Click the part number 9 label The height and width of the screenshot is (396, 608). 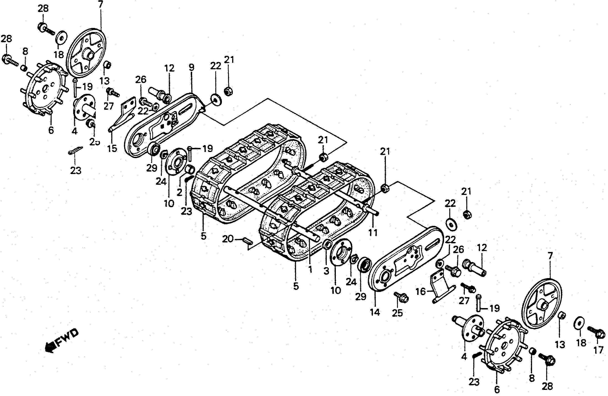(192, 67)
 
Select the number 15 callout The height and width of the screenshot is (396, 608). (112, 148)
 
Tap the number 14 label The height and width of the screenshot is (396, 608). (375, 312)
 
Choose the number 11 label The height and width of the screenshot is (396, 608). (373, 233)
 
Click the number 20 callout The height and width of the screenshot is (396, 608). (228, 239)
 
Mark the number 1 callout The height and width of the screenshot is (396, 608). (310, 269)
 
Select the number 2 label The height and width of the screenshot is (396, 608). (179, 192)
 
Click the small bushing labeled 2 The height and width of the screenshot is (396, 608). (191, 169)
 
